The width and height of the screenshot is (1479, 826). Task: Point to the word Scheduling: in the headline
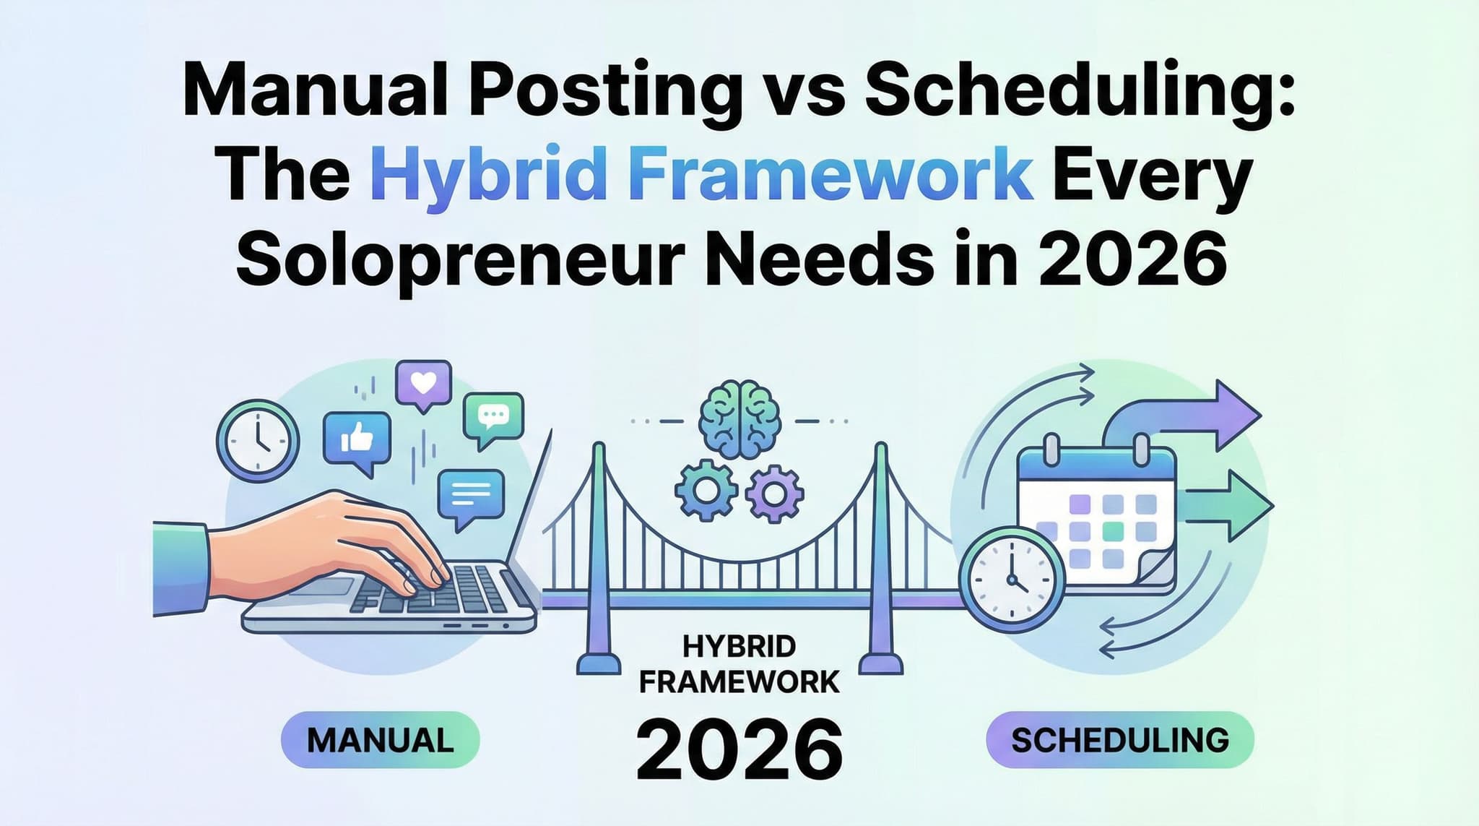pos(1076,95)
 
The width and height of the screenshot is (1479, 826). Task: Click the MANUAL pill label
pos(380,739)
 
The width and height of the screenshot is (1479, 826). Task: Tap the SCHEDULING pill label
pos(1119,739)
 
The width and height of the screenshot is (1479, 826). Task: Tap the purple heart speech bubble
pos(423,383)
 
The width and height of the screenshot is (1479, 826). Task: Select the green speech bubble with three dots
pos(494,417)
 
